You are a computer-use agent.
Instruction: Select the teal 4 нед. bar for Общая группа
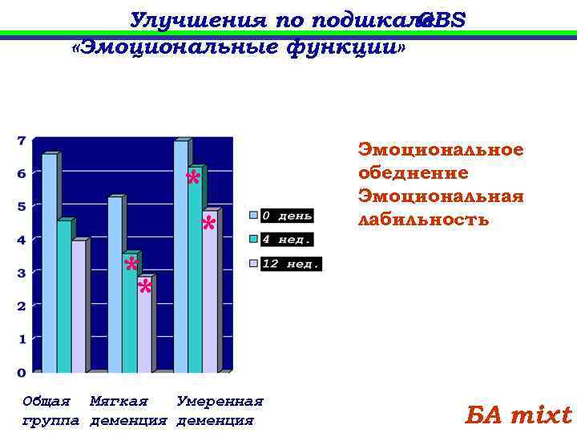tap(65, 297)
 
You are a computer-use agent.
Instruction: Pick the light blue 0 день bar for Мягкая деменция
tap(115, 285)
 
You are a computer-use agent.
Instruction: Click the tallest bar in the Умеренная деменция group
tap(181, 257)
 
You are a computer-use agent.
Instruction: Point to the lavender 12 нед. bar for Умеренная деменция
tap(209, 292)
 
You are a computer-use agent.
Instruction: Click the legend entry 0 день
tap(285, 215)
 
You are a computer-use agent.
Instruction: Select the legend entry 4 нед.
tap(285, 239)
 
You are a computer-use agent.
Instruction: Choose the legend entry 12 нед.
tap(288, 263)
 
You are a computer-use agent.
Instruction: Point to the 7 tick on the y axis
tap(22, 140)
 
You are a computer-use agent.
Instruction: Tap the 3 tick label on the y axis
tap(22, 273)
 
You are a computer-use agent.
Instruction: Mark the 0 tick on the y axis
tap(22, 372)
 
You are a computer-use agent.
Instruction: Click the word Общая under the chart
tap(46, 401)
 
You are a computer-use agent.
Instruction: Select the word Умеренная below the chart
tap(220, 401)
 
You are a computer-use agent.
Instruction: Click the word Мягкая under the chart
tap(119, 401)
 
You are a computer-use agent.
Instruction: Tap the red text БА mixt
tap(518, 415)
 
